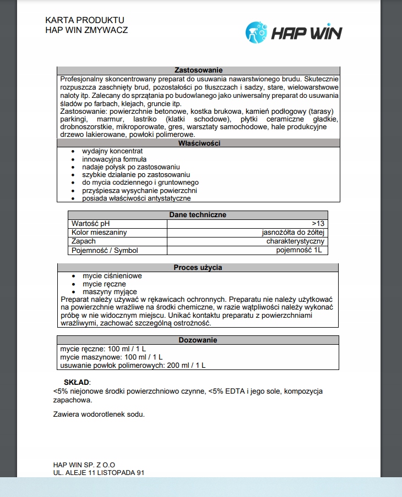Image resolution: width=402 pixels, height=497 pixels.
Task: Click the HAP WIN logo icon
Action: [256, 32]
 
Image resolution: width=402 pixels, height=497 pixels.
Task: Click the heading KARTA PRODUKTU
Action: [85, 20]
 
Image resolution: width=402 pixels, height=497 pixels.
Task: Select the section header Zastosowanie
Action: [198, 70]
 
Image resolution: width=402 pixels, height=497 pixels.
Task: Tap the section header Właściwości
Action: [199, 143]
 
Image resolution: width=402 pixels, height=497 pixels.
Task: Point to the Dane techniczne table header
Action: [198, 215]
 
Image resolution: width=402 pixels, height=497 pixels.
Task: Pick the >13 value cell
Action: [318, 223]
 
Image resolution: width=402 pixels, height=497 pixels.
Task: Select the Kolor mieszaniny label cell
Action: [99, 232]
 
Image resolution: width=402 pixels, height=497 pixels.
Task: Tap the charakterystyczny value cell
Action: [295, 241]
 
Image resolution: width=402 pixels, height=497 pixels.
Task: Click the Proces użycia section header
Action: [198, 268]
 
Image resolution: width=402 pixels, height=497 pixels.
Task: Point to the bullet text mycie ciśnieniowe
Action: [112, 276]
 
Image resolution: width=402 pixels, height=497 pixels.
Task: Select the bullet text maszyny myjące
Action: [110, 291]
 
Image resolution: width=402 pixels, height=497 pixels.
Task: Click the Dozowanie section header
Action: [198, 340]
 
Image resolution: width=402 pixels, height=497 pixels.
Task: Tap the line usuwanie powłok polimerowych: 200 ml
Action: [133, 365]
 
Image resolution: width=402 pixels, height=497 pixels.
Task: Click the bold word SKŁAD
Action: [77, 382]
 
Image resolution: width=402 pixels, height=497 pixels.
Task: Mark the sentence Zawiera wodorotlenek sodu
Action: [99, 414]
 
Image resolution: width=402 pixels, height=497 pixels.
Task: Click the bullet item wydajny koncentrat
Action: [112, 151]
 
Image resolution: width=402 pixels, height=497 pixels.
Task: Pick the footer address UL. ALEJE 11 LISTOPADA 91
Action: [99, 472]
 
